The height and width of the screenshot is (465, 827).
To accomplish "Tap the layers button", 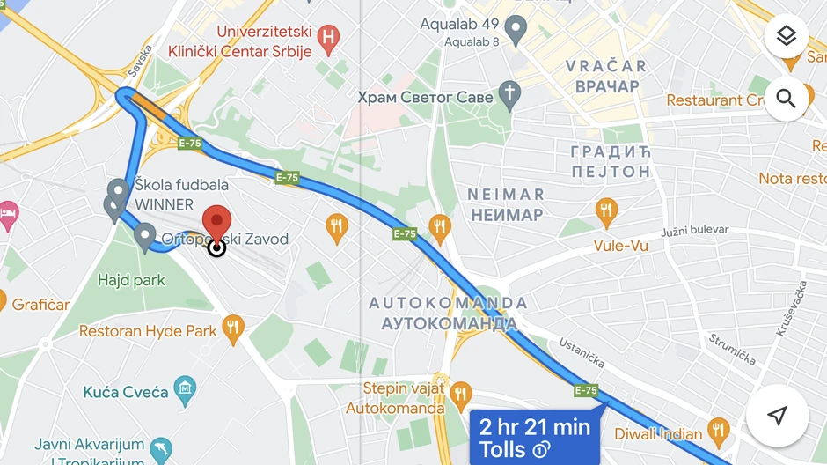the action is coord(786,36).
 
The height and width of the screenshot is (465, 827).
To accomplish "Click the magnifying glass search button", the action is coord(786,99).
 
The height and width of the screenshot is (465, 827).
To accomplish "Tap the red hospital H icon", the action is coord(328,37).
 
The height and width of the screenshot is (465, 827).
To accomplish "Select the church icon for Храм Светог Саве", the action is coord(509,93).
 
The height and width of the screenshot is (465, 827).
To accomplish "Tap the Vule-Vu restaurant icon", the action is coord(605,210).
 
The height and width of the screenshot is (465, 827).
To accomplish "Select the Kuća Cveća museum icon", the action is coord(185,389).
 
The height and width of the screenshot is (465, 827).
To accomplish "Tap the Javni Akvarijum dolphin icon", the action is coord(160,450).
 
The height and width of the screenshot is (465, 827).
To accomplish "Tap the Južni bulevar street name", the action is coord(695,231).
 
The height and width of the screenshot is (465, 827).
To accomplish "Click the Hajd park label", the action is coord(132,281).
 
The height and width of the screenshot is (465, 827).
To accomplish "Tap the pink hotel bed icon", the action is coord(8,213).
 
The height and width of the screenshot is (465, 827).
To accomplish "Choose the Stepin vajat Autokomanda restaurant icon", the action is coord(459,395).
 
